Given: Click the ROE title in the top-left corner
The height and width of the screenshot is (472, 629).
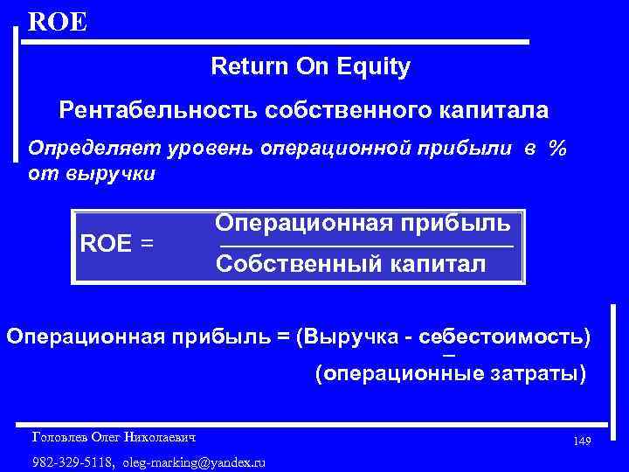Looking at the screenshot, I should (x=58, y=21).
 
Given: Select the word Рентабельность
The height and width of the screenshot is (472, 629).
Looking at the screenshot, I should (x=148, y=111).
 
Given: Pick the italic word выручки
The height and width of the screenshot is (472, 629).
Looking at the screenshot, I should (x=114, y=173).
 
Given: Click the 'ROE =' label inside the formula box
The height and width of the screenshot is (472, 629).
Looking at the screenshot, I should (x=116, y=243).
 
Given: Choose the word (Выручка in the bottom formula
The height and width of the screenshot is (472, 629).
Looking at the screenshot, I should (x=341, y=337).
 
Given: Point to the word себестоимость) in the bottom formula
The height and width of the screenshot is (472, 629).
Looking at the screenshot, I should (x=505, y=337).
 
